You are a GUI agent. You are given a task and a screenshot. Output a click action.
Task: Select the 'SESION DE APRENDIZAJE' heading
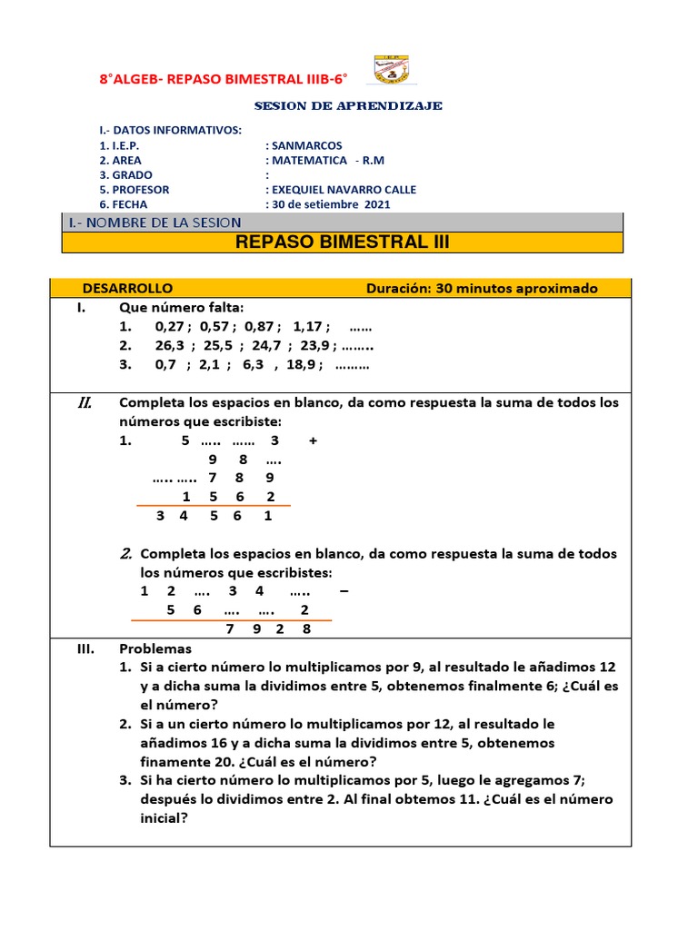coord(348,106)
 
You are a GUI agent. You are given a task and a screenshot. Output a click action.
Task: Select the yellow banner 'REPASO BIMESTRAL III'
coord(343,242)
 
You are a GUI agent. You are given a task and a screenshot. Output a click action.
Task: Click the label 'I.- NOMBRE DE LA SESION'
coord(155,223)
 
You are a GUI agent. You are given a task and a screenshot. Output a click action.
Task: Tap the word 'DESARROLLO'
coord(127,288)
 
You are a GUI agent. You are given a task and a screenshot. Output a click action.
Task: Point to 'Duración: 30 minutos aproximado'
coord(482,288)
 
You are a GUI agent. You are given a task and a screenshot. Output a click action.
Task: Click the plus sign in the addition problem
coord(313,440)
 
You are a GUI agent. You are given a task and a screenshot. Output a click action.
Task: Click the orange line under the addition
coord(213,506)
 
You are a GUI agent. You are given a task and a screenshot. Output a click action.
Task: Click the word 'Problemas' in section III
coord(155,648)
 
